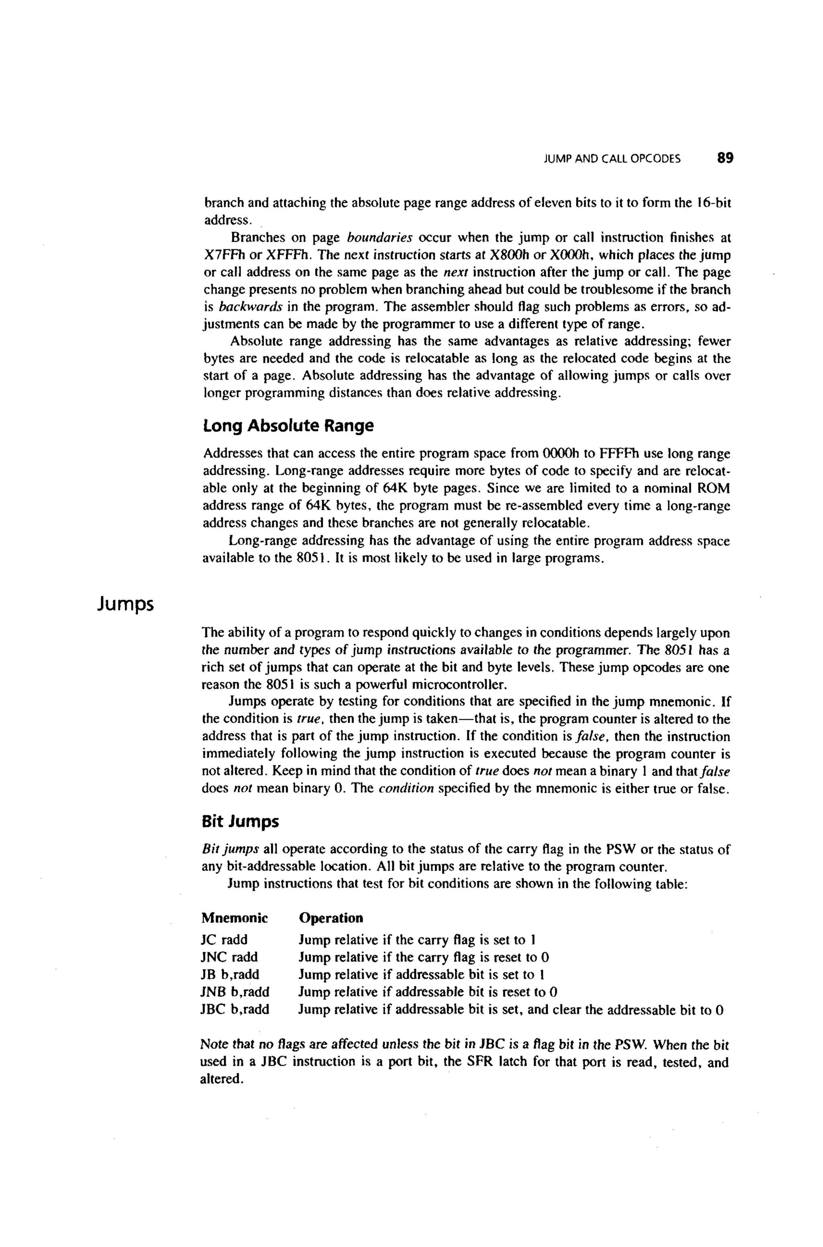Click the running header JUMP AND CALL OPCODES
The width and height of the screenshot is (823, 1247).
coord(612,159)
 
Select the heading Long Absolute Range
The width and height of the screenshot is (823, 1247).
coord(288,425)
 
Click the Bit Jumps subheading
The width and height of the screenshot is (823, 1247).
coord(240,822)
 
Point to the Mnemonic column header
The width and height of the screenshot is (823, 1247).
coord(234,918)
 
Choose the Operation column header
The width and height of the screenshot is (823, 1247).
coord(331,918)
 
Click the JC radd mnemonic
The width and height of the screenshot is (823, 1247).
coord(224,940)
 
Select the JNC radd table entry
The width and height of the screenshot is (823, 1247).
coord(229,957)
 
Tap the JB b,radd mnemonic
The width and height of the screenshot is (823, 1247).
coord(230,974)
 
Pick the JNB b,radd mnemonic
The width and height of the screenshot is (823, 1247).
coord(235,991)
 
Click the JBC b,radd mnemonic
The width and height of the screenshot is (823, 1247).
coord(235,1009)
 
